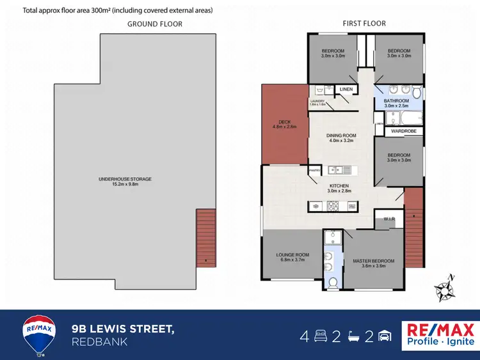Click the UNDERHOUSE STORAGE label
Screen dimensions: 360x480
124,179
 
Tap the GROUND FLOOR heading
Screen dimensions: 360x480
154,24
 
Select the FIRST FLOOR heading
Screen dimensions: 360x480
364,24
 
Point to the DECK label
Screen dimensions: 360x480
285,123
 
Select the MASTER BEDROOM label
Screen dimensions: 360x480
374,261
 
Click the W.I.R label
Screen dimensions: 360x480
388,219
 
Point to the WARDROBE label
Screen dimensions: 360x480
403,131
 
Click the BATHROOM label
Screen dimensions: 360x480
396,101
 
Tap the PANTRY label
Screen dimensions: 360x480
314,170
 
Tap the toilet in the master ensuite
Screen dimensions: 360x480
332,282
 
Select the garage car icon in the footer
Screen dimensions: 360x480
385,336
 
